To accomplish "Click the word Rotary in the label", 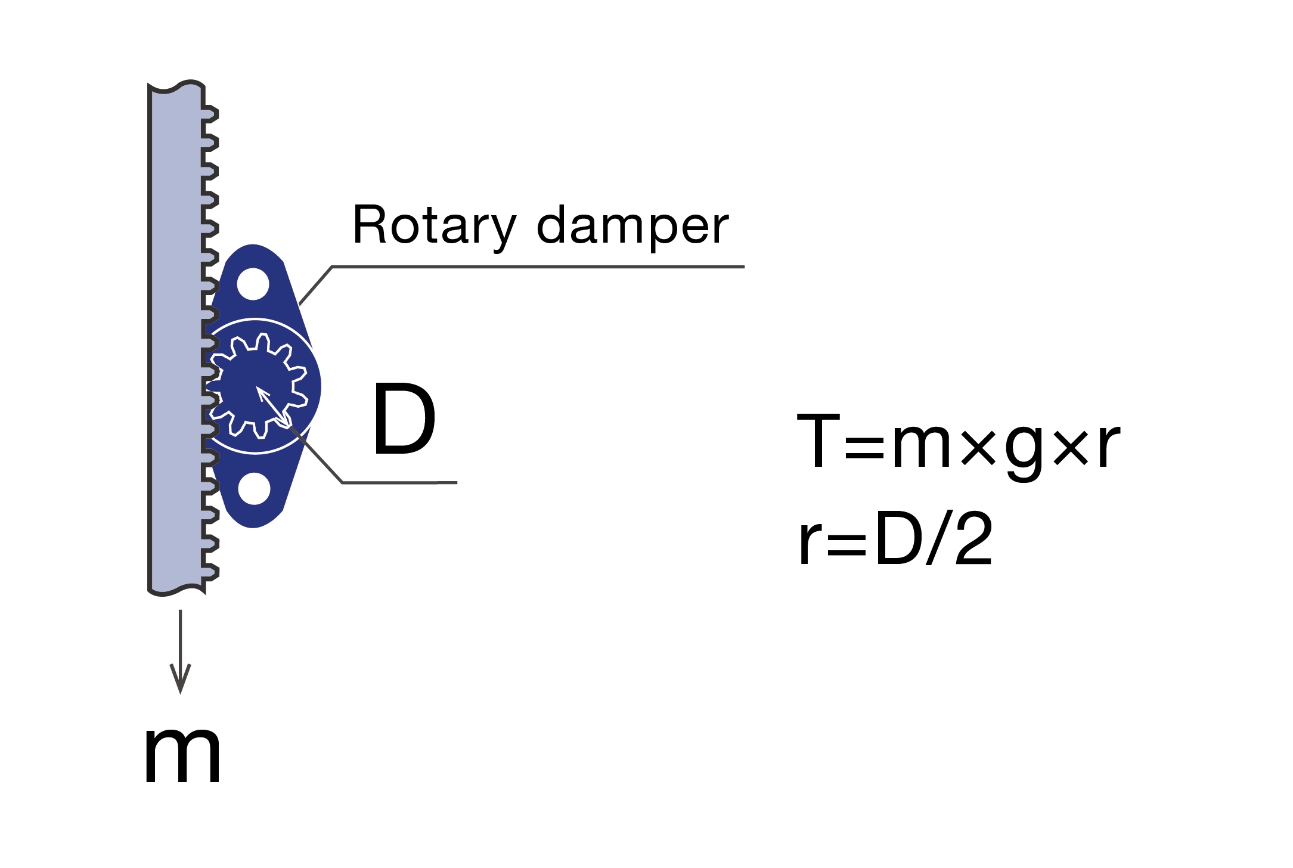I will point(434,227).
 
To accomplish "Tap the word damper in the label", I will point(632,227).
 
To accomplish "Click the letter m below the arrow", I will point(182,756).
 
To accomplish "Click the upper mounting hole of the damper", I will point(253,284).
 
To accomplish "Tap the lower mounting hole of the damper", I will point(254,489).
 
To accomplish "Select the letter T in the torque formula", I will point(819,441).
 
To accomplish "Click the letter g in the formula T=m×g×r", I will point(1025,450).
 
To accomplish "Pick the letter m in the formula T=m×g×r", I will point(921,447).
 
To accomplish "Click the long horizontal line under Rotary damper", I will point(537,266).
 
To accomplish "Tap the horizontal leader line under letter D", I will point(399,482).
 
